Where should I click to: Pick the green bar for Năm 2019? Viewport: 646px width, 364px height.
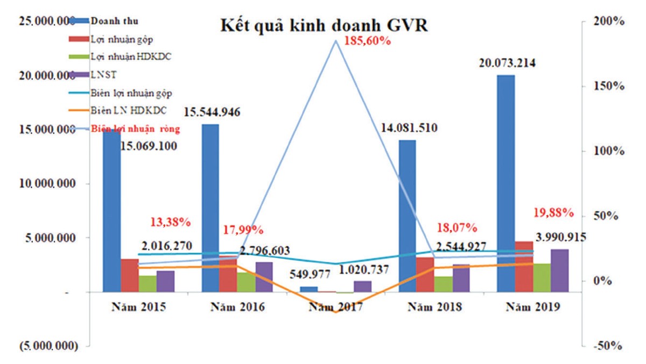(542, 278)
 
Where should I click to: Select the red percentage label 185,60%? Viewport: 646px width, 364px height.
(367, 41)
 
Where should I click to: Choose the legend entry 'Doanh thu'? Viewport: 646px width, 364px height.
(114, 22)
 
